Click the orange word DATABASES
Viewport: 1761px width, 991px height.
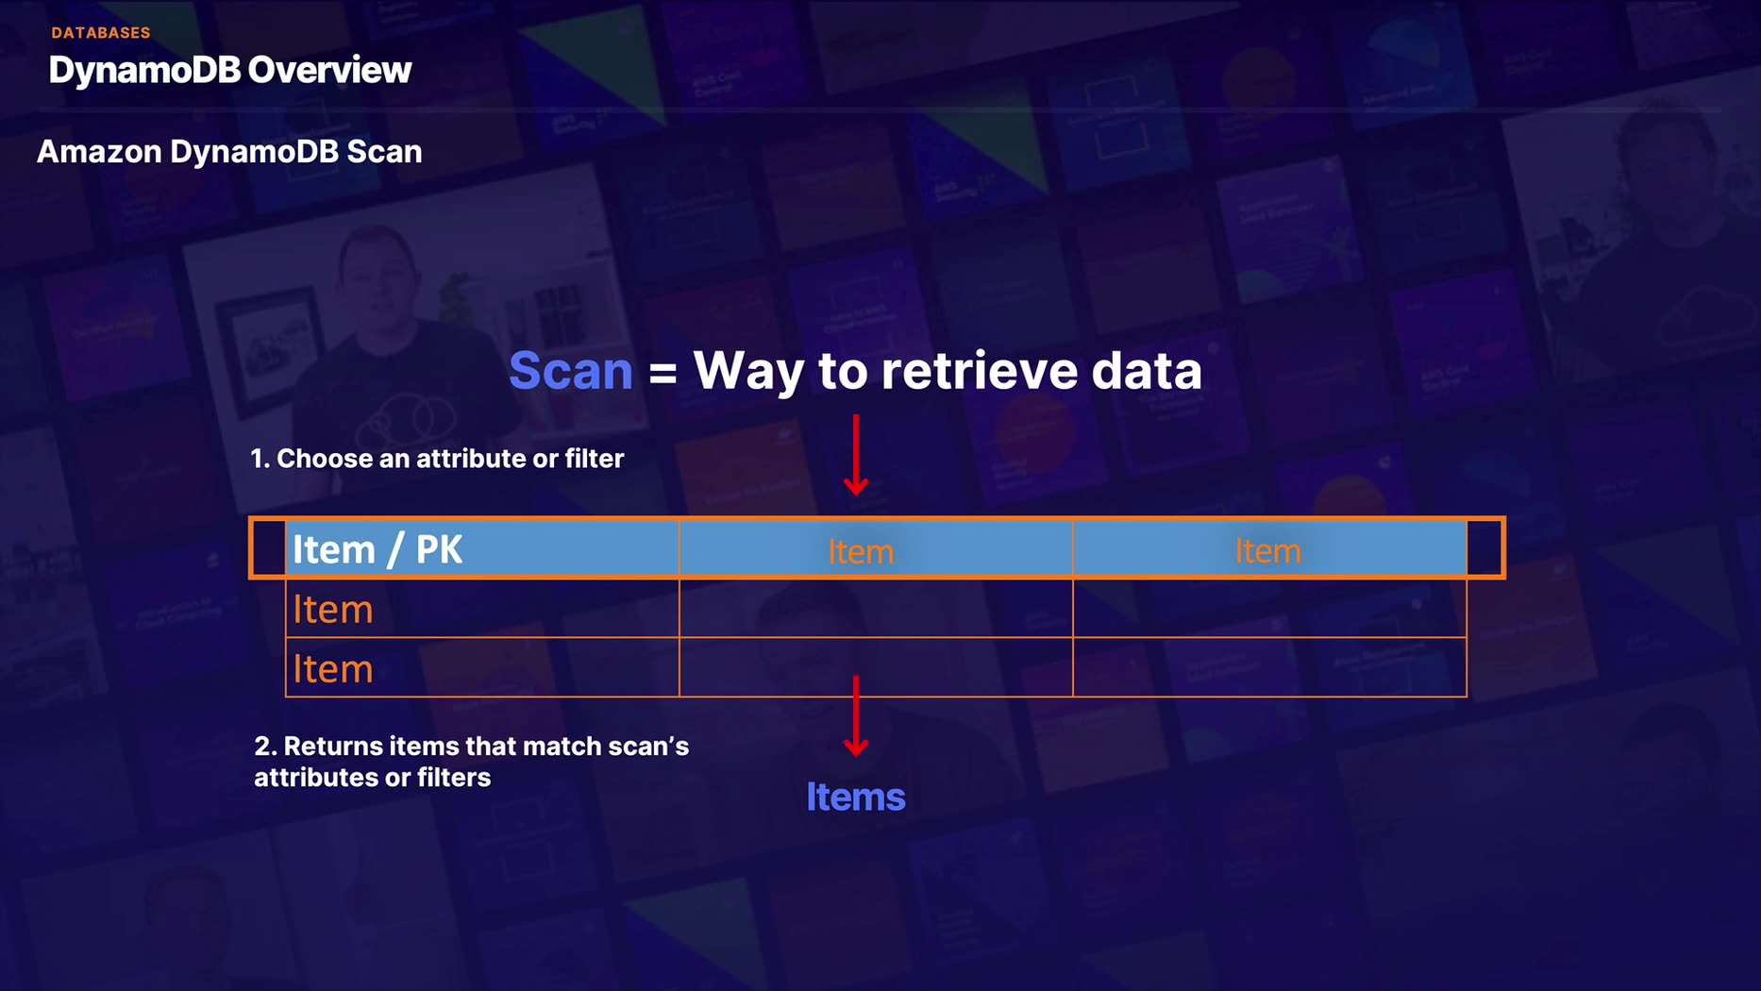tap(101, 33)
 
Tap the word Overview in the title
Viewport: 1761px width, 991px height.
tap(329, 70)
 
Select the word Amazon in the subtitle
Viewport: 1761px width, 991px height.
tap(99, 152)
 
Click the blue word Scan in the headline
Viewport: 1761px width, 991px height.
tap(571, 370)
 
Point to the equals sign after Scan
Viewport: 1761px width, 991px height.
tap(662, 372)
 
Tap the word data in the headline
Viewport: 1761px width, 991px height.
tap(1147, 370)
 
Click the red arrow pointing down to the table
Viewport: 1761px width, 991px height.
tap(856, 456)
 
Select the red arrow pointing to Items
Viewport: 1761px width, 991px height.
tap(856, 716)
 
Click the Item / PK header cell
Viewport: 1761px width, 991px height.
tap(377, 549)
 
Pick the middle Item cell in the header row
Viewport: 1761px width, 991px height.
tap(861, 551)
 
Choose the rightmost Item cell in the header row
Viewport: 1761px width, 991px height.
tap(1267, 551)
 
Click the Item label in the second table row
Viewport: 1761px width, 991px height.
tap(333, 610)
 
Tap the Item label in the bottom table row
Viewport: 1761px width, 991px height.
tap(333, 669)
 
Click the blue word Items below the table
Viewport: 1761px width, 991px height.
tap(856, 798)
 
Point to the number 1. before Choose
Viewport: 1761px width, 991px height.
tap(260, 459)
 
